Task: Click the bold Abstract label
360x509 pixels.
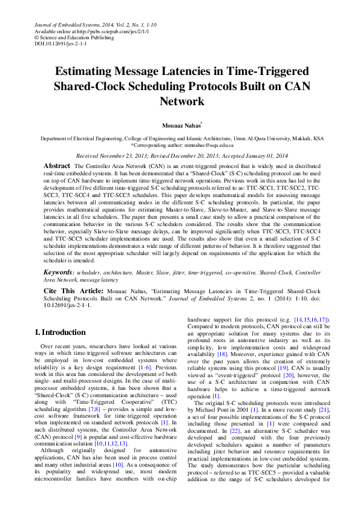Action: coord(57,166)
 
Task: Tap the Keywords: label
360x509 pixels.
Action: coord(60,273)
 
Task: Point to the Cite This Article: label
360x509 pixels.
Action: coord(73,291)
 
